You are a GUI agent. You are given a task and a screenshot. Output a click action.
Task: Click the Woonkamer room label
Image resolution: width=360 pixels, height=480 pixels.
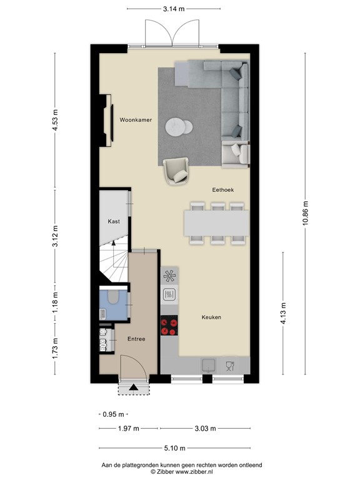(136, 120)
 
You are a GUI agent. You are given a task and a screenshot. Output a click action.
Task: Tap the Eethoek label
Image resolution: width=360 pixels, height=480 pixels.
(223, 190)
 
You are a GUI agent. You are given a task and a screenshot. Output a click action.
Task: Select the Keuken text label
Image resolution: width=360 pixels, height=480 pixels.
(211, 317)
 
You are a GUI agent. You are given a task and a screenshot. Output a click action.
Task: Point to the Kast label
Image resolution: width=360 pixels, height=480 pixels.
(114, 221)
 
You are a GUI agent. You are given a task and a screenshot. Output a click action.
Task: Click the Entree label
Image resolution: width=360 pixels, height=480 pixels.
(136, 339)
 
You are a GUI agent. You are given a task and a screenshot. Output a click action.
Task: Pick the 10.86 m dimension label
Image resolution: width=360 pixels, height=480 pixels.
(305, 213)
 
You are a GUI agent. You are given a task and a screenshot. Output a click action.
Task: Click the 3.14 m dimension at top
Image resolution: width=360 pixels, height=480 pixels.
(174, 9)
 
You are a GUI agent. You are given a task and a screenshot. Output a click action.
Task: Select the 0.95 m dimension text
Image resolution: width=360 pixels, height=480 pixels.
(113, 414)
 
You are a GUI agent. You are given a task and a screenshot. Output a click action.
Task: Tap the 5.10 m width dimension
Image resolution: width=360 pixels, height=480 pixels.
(174, 448)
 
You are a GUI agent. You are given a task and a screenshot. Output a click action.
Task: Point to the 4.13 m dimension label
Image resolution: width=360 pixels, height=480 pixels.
(283, 313)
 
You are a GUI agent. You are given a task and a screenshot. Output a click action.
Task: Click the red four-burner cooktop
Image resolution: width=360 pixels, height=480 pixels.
(169, 325)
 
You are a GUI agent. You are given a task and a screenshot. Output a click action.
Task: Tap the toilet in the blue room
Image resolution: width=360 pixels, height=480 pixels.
(113, 296)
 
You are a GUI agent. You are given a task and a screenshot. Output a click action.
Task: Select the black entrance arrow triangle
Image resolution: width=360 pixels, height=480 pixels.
(134, 387)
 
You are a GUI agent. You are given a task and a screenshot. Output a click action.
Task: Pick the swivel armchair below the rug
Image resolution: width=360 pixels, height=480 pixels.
(176, 171)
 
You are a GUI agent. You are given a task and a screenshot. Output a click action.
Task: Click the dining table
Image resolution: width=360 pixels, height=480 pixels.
(216, 223)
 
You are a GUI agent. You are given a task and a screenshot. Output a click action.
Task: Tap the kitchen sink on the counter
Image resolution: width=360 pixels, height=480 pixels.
(209, 365)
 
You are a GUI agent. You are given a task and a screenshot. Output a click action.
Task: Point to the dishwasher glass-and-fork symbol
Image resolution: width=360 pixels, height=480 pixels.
(230, 366)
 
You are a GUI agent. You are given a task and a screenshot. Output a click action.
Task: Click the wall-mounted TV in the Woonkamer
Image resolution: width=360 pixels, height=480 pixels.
(112, 122)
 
